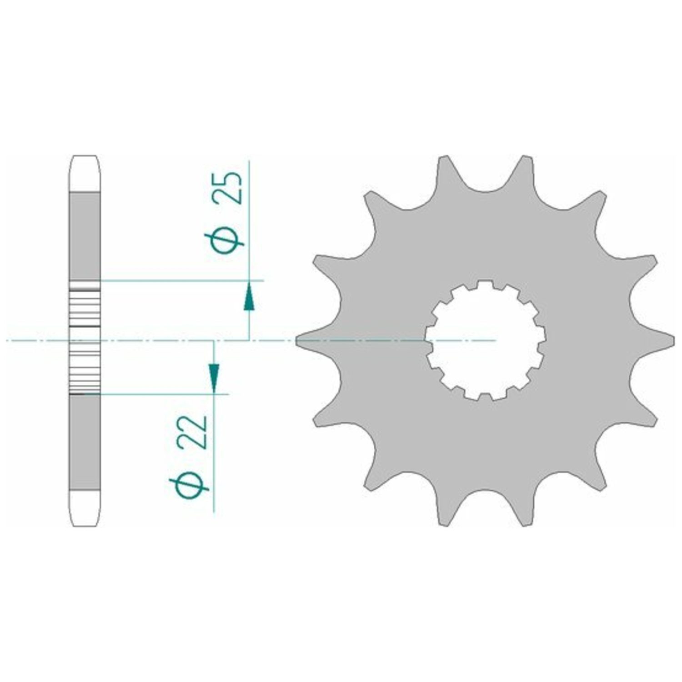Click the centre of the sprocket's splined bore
(x=486, y=340)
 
